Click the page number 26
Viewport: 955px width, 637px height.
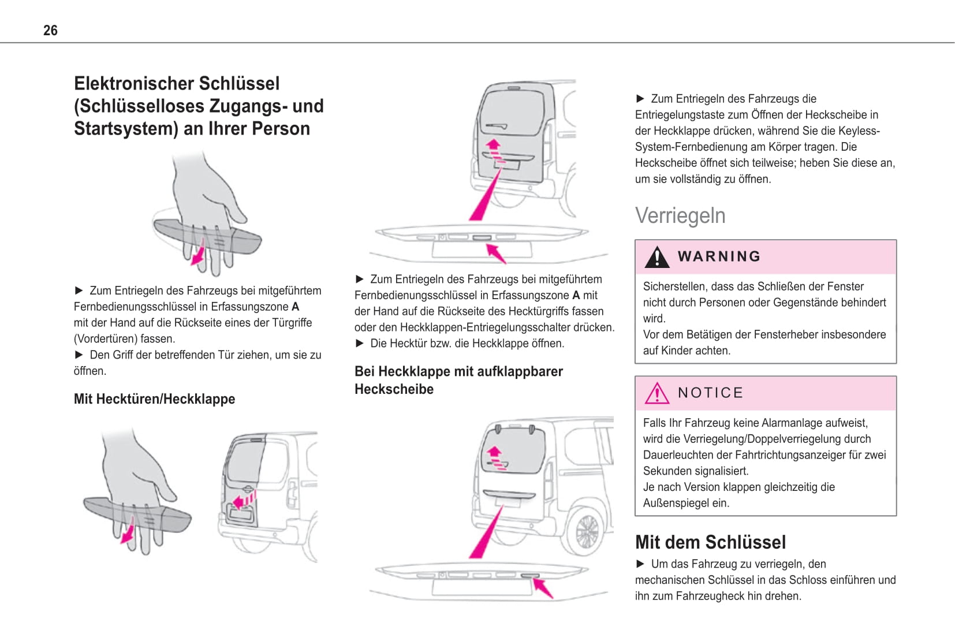point(50,30)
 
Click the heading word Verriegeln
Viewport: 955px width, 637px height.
point(680,215)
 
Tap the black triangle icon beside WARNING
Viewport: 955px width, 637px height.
point(656,258)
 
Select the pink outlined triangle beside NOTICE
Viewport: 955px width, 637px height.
point(656,394)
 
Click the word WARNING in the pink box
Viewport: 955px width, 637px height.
point(719,256)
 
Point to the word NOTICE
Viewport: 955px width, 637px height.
point(710,393)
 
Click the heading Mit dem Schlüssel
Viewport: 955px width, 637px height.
point(710,542)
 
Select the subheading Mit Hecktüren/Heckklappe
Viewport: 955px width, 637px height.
point(154,399)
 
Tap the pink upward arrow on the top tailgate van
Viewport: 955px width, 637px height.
point(493,146)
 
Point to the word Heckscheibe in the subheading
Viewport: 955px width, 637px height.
point(394,389)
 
